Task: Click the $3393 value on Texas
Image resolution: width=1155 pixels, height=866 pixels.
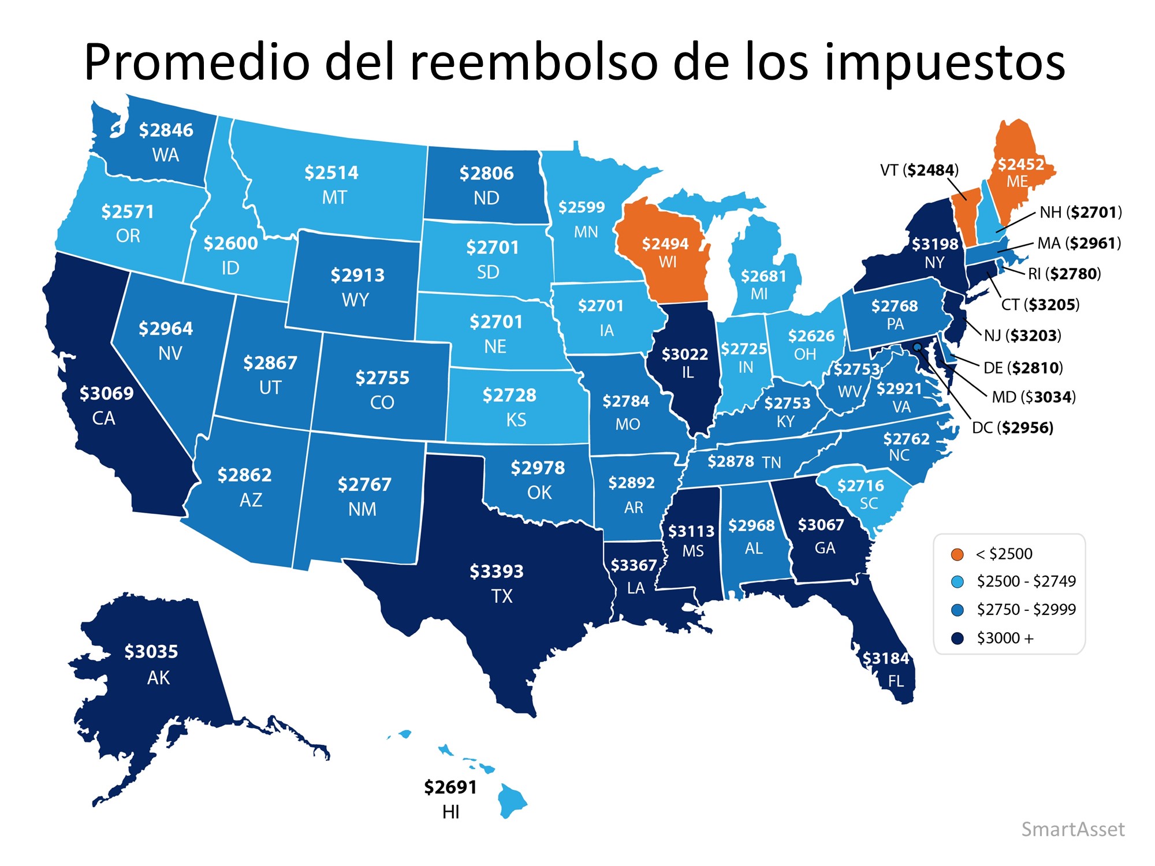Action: point(496,571)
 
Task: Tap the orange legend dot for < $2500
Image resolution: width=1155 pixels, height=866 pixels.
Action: point(957,554)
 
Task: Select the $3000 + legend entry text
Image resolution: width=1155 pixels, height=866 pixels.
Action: point(1005,638)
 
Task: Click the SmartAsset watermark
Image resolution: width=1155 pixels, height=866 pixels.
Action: point(1072,829)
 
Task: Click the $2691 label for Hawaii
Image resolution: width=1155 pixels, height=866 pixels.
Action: point(450,787)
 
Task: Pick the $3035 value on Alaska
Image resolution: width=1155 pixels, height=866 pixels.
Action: point(151,651)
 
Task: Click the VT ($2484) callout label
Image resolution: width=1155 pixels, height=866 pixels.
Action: point(919,170)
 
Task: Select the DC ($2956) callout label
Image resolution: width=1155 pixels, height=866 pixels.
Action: point(1012,427)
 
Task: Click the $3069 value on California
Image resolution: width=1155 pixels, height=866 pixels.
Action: point(106,393)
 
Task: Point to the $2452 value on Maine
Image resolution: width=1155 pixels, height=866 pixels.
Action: point(1020,165)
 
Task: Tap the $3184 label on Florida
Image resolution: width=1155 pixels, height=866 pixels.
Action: point(885,658)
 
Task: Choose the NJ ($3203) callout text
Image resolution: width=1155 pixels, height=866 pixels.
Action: point(1022,335)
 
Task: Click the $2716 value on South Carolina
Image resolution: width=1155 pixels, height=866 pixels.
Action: point(860,486)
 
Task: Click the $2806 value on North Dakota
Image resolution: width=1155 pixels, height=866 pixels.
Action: point(486,173)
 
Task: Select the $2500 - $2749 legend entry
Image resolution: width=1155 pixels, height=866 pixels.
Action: point(1026,581)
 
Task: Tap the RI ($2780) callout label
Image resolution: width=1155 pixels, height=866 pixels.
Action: point(1064,273)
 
